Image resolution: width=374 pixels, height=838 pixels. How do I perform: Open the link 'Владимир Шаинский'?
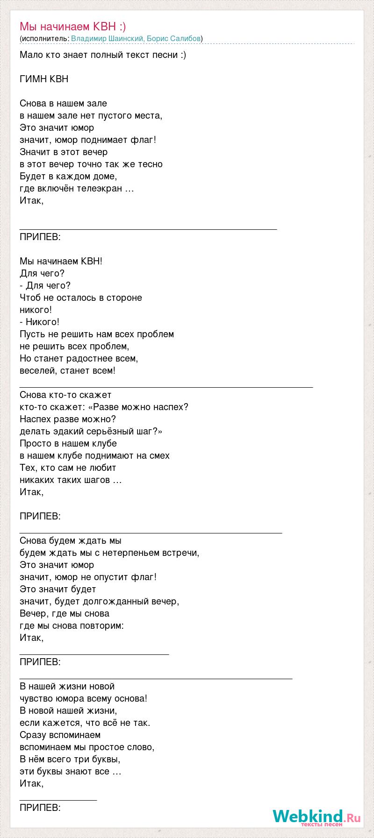point(108,38)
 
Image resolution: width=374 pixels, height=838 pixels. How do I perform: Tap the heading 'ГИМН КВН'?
point(44,79)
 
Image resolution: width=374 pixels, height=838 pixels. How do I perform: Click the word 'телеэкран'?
point(104,188)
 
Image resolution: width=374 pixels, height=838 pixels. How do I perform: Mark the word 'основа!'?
point(131,698)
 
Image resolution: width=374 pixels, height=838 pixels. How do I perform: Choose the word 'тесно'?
point(151,164)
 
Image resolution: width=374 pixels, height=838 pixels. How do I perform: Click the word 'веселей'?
point(37,370)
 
